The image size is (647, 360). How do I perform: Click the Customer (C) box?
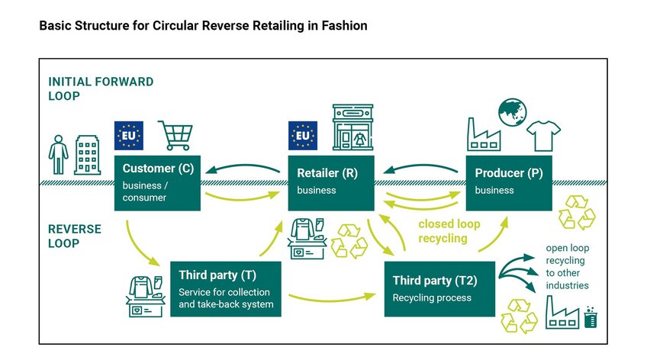pyautogui.click(x=157, y=183)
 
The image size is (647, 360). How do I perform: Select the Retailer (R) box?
pyautogui.click(x=330, y=183)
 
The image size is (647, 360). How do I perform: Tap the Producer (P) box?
pyautogui.click(x=509, y=183)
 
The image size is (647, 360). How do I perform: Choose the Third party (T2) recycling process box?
pyautogui.click(x=441, y=288)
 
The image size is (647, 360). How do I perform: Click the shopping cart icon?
pyautogui.click(x=175, y=136)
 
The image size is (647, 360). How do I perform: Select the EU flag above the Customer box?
pyautogui.click(x=128, y=136)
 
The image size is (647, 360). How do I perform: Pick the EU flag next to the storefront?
pyautogui.click(x=303, y=136)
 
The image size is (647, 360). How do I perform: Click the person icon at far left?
pyautogui.click(x=57, y=154)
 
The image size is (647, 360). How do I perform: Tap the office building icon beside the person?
pyautogui.click(x=87, y=156)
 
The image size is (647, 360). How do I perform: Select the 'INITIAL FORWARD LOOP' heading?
pyautogui.click(x=101, y=88)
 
